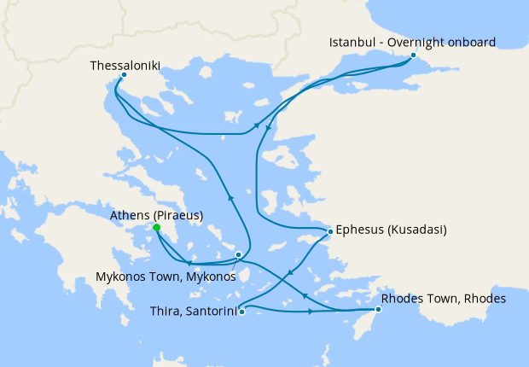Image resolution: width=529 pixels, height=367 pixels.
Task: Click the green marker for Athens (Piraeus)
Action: [156, 228]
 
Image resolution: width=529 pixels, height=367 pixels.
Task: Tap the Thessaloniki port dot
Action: [125, 74]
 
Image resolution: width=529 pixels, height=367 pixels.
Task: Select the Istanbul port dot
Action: [413, 55]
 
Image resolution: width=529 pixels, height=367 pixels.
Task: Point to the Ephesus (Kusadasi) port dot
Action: [330, 230]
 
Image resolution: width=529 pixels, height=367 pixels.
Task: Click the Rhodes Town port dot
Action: [378, 309]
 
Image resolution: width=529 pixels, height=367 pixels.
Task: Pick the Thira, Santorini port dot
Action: [242, 312]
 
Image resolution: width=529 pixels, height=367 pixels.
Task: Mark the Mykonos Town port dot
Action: [238, 254]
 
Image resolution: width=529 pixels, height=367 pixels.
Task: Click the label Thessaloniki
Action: [125, 64]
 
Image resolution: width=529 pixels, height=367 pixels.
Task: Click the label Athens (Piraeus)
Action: [157, 215]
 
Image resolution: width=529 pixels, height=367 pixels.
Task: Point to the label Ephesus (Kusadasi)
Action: [392, 230]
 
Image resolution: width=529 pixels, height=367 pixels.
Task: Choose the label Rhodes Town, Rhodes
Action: [444, 299]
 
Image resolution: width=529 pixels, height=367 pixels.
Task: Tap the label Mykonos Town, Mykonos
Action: [163, 277]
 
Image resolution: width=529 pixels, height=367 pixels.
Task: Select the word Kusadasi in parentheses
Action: [418, 230]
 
